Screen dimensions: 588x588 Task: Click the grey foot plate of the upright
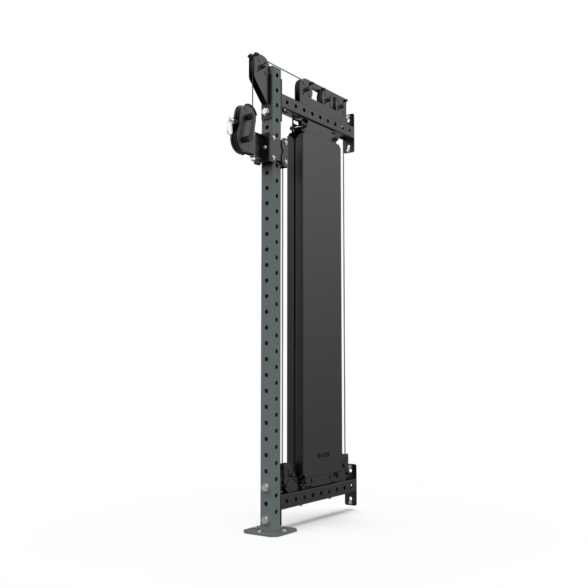(x=271, y=530)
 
